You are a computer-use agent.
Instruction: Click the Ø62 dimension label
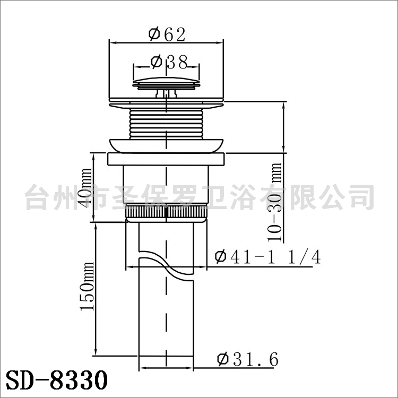(x=167, y=34)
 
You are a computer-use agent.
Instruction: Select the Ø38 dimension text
(x=169, y=62)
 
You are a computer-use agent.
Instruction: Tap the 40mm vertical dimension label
(x=86, y=187)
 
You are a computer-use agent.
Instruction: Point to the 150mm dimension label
(x=87, y=287)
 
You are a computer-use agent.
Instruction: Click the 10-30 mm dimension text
(x=275, y=202)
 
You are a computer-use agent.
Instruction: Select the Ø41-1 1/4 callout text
(x=267, y=257)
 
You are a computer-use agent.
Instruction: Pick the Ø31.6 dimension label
(x=248, y=359)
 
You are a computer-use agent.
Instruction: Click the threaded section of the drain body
(x=166, y=124)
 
